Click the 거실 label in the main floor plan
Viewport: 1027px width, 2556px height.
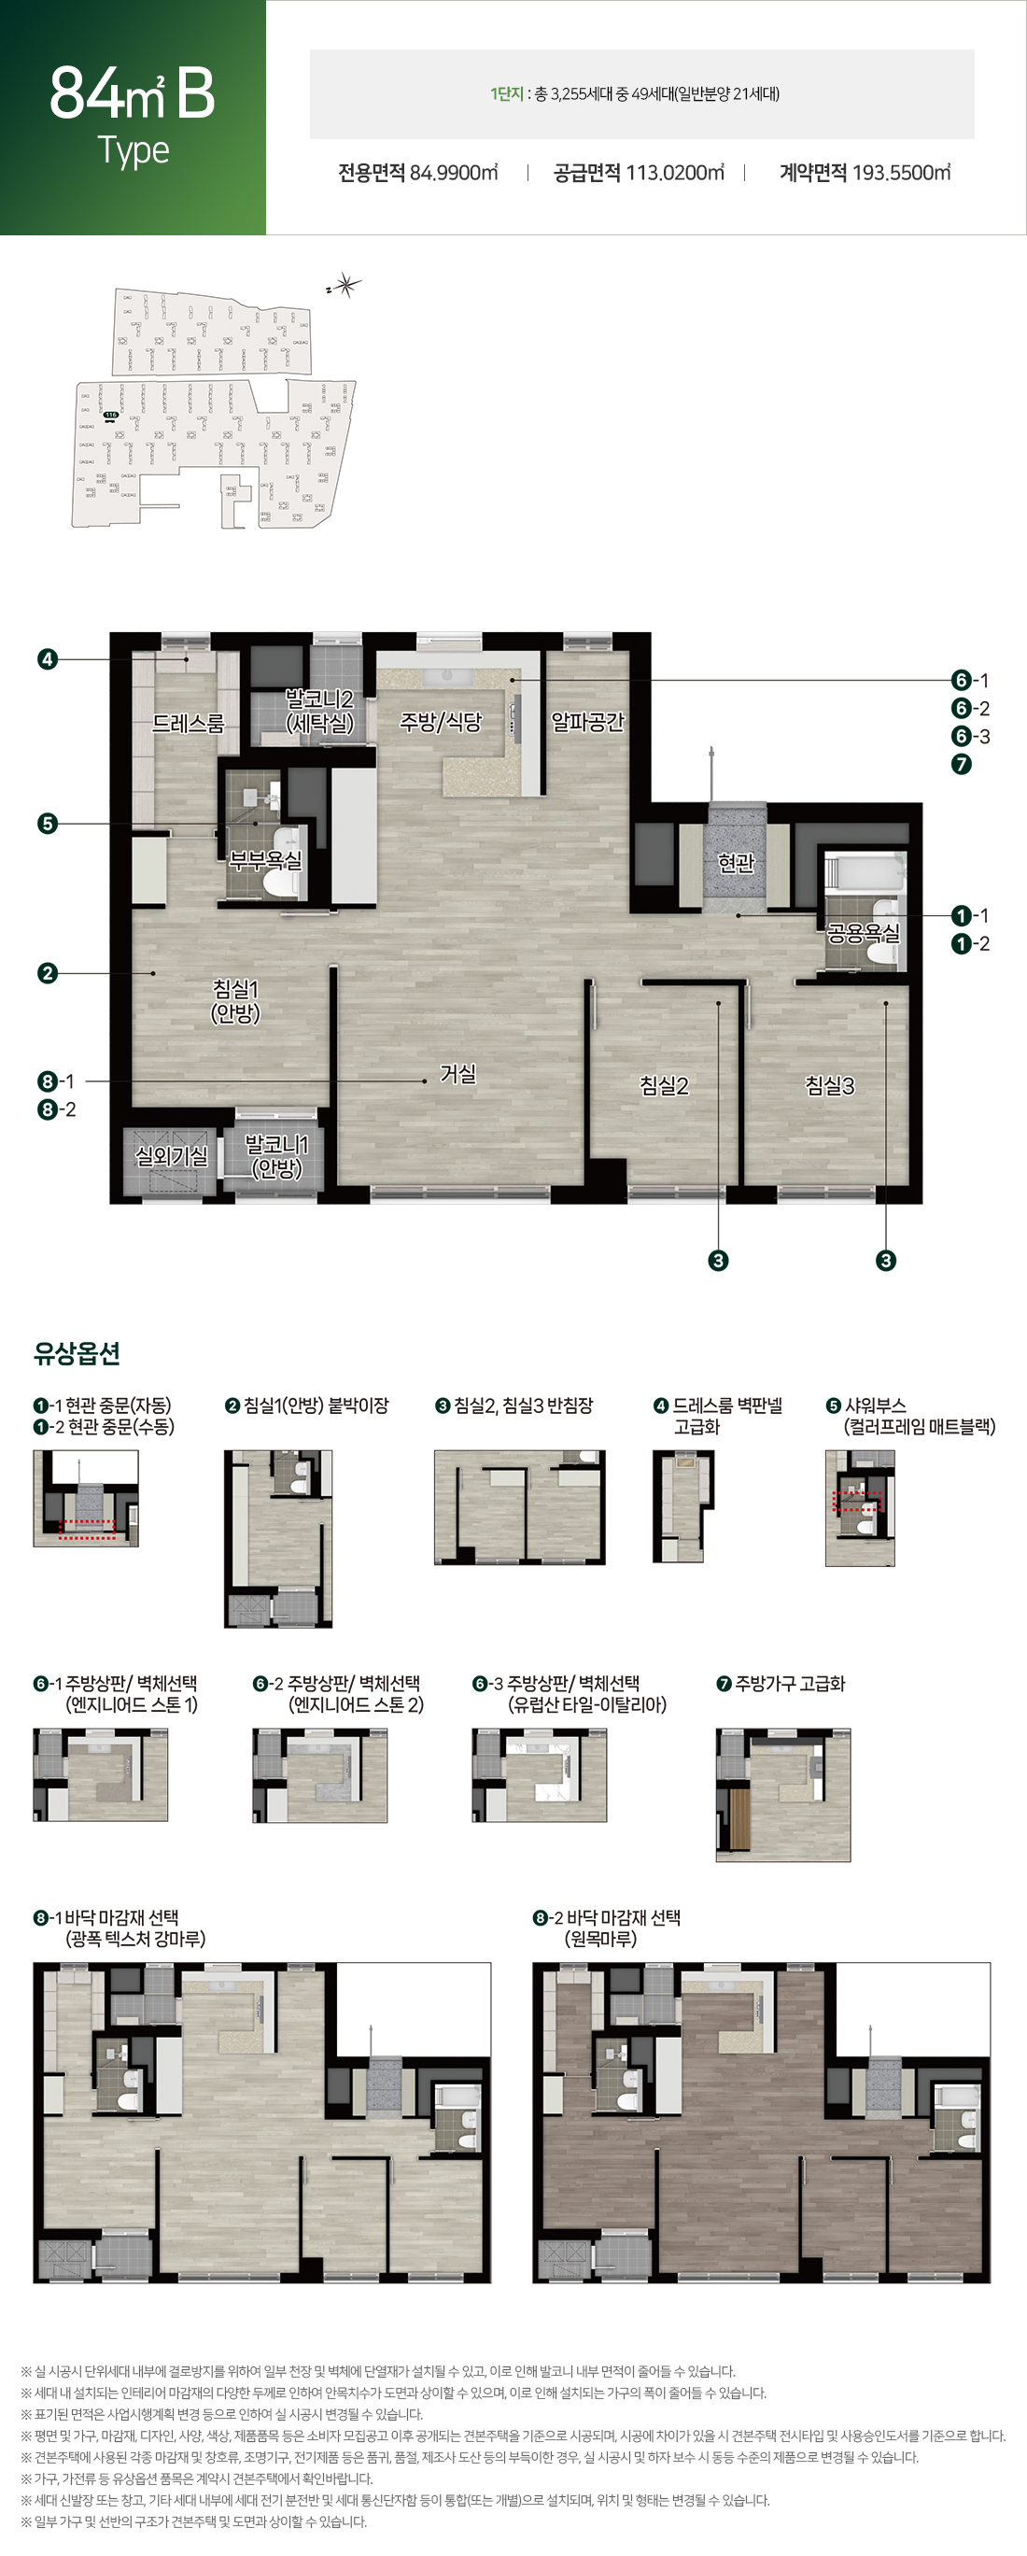point(458,1074)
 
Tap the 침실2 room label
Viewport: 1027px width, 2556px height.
point(664,1085)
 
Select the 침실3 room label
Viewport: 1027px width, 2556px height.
point(830,1085)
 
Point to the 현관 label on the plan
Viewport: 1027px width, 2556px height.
point(737,862)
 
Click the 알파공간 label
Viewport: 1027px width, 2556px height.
point(587,721)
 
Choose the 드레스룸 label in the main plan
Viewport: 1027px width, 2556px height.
point(188,724)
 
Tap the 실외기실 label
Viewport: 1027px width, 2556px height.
point(171,1156)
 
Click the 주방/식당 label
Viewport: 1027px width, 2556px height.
point(441,721)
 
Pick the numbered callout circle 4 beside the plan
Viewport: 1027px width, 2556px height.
point(47,659)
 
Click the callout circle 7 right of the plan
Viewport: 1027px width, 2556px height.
point(961,764)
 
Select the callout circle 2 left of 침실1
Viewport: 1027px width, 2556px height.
point(47,973)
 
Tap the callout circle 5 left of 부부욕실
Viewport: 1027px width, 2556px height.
point(47,824)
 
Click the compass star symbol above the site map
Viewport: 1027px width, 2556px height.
point(345,286)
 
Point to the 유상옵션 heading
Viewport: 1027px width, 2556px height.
point(77,1352)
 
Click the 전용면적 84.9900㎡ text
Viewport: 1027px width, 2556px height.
point(417,173)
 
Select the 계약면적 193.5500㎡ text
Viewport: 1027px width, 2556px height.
point(865,173)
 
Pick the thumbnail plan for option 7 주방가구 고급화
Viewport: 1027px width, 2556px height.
point(783,1794)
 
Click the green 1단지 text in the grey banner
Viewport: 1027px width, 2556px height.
point(506,94)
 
